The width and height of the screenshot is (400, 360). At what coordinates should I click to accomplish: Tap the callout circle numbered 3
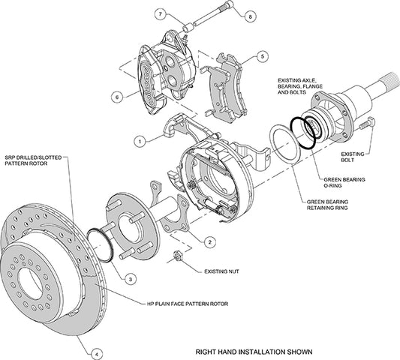tap(131, 278)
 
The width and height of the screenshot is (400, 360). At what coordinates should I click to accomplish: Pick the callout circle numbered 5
tap(260, 55)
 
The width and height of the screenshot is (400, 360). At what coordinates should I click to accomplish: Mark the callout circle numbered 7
tap(160, 13)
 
